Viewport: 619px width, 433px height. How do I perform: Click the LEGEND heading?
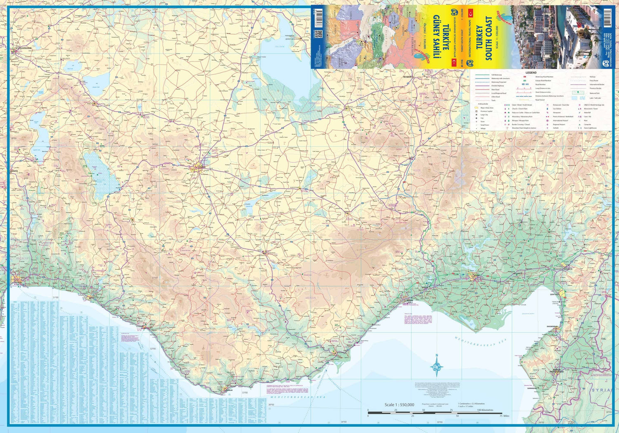531,73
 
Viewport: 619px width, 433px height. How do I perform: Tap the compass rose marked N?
437,366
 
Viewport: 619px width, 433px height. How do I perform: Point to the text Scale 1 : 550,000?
399,405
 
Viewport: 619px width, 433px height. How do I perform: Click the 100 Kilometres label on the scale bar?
485,410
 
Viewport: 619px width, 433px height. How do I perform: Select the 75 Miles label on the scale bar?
504,416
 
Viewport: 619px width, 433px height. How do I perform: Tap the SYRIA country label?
600,390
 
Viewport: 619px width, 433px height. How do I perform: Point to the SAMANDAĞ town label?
532,388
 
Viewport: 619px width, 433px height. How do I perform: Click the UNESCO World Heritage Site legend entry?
594,105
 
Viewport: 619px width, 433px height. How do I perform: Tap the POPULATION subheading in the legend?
482,104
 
